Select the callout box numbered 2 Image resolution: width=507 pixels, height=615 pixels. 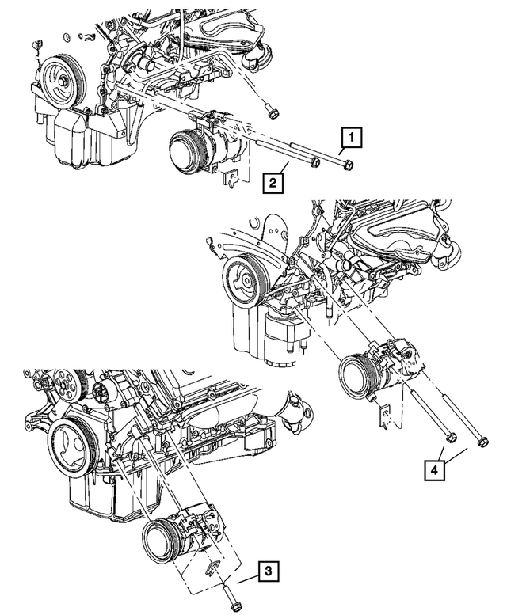(272, 184)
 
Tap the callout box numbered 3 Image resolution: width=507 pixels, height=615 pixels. (269, 570)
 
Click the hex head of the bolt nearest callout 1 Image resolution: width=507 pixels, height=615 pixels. (349, 165)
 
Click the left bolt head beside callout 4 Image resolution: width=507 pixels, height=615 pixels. (448, 437)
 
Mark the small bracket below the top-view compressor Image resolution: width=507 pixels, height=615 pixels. (231, 182)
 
